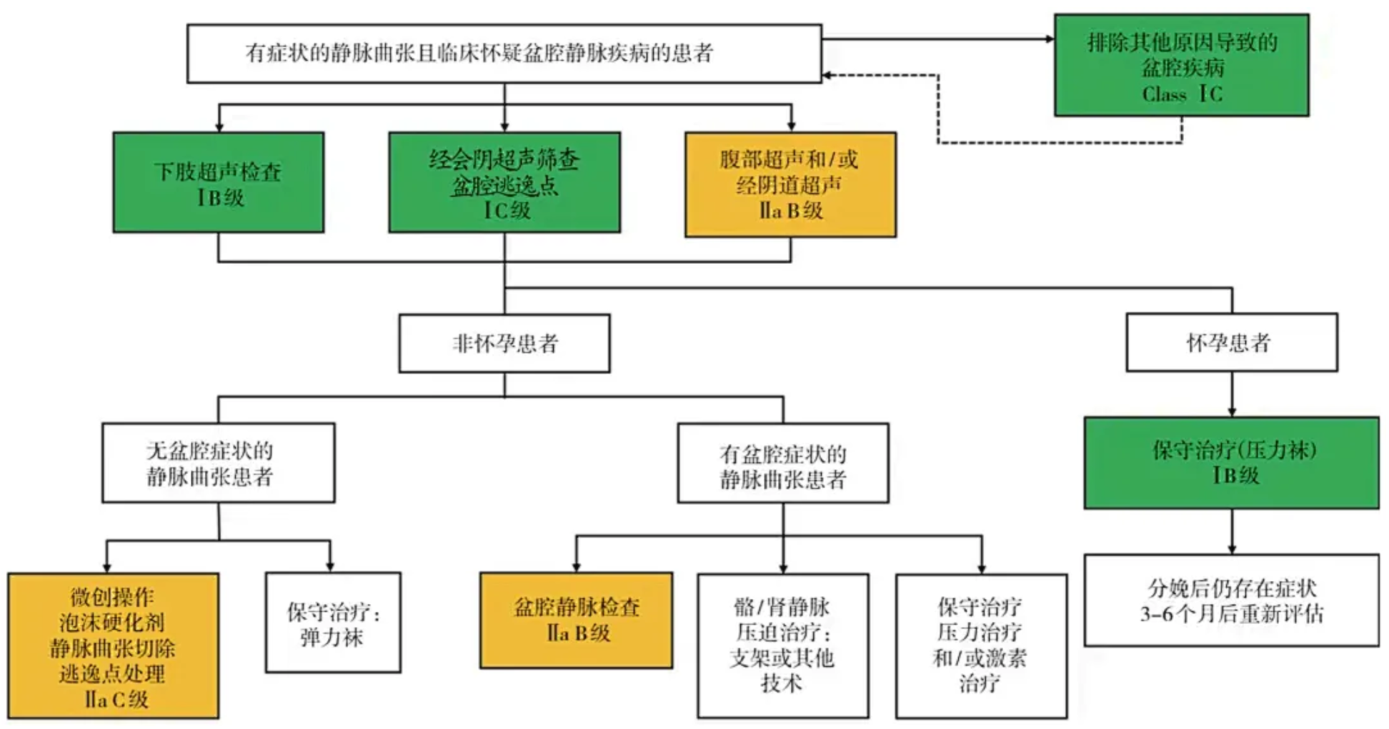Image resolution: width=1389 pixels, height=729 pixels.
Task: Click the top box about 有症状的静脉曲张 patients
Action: (504, 54)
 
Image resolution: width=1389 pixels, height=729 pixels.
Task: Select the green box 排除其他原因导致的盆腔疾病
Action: (1181, 64)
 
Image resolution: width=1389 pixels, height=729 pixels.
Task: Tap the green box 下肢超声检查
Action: (218, 182)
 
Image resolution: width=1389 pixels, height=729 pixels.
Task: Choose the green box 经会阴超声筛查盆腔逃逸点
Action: (504, 182)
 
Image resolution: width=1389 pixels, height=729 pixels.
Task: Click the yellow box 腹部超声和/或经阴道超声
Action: (790, 184)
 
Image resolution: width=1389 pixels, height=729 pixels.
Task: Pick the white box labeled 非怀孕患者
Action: (504, 343)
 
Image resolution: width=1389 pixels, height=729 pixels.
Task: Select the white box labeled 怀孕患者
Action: (1231, 342)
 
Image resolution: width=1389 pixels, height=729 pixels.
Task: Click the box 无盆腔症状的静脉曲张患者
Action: (218, 462)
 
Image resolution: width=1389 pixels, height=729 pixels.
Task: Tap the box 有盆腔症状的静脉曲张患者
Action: (782, 463)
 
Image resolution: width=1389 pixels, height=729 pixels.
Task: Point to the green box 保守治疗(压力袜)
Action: (1231, 462)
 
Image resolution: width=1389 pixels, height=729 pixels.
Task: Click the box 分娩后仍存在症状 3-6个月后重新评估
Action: (1231, 600)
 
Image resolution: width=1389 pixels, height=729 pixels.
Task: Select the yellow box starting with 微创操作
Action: (113, 645)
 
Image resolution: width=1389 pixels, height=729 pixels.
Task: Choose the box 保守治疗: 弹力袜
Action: (333, 623)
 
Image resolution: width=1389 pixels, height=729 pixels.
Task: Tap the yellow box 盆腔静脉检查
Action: (576, 620)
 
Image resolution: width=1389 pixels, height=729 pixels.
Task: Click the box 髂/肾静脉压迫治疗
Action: (782, 645)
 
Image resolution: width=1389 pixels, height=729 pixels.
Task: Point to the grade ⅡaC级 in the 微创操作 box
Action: (116, 699)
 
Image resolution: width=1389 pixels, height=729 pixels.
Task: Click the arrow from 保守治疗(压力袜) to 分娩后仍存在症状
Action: (1231, 531)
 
